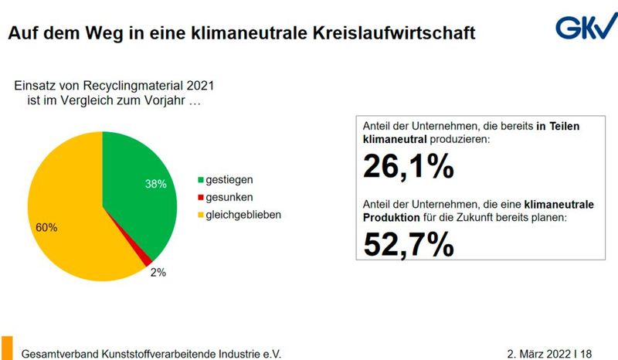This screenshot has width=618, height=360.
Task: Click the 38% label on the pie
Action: [156, 184]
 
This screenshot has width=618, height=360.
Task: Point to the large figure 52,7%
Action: [408, 243]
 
